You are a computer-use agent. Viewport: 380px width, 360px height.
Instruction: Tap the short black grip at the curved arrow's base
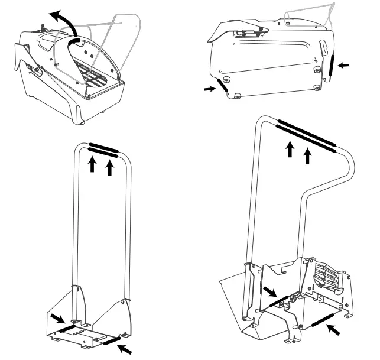(x=76, y=43)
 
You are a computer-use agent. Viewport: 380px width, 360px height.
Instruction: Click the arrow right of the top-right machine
(x=345, y=66)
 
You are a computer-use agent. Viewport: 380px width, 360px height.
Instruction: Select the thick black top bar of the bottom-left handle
(x=103, y=148)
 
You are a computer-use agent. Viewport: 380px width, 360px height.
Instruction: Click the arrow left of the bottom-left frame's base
(x=56, y=319)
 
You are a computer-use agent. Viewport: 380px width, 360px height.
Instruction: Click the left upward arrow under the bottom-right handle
(x=290, y=149)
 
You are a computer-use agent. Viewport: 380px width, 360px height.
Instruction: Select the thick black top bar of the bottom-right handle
(x=306, y=134)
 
